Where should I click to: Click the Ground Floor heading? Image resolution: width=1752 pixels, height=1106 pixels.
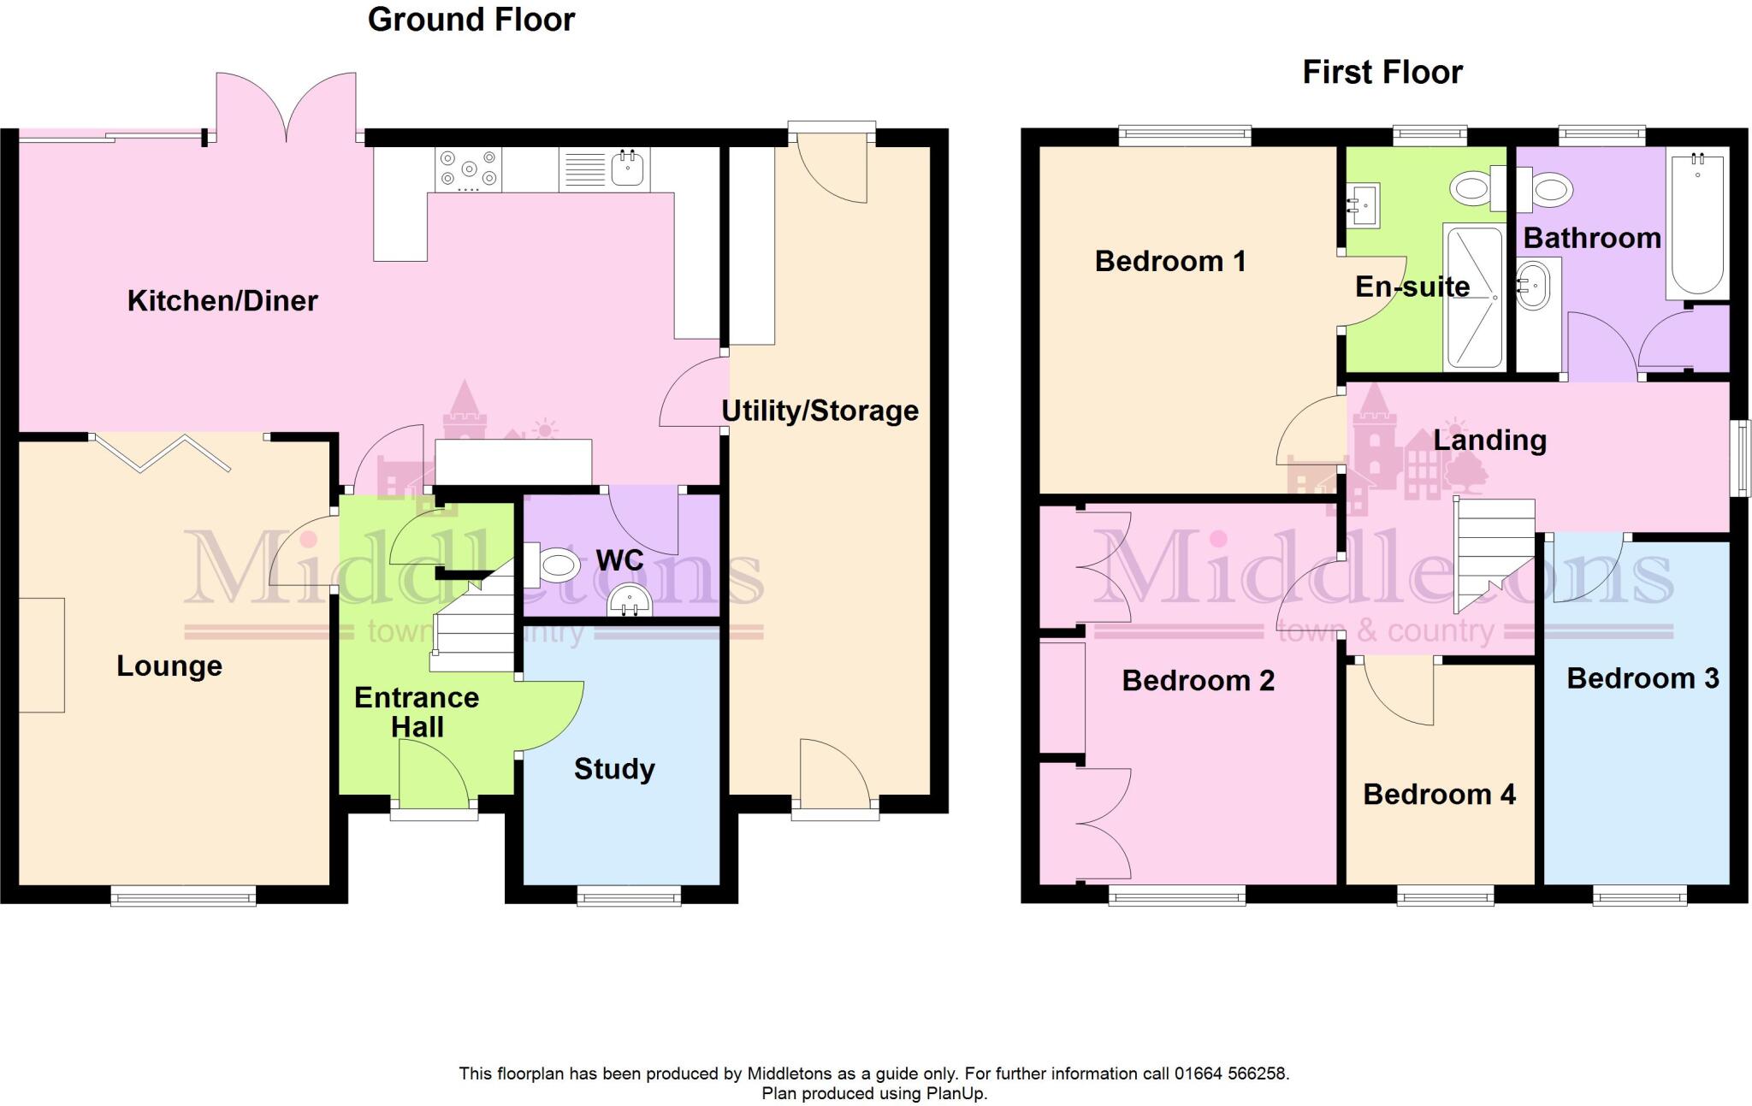471,19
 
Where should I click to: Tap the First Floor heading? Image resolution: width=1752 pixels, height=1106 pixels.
1382,72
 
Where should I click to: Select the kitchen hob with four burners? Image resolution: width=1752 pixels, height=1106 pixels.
468,169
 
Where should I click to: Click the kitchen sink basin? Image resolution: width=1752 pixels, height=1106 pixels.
630,168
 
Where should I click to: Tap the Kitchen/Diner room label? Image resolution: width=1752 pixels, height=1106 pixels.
222,300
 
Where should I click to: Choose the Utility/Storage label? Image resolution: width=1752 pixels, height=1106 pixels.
820,411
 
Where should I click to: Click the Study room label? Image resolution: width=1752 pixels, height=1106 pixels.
614,768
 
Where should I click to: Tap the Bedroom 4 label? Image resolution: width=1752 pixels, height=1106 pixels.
1439,794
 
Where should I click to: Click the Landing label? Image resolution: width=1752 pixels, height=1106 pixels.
1489,440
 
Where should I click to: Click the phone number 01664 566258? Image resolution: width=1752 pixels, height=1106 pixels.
1230,1073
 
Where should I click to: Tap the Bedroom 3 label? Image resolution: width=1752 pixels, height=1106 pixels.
1642,678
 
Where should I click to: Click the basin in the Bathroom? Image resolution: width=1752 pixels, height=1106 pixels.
1533,286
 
